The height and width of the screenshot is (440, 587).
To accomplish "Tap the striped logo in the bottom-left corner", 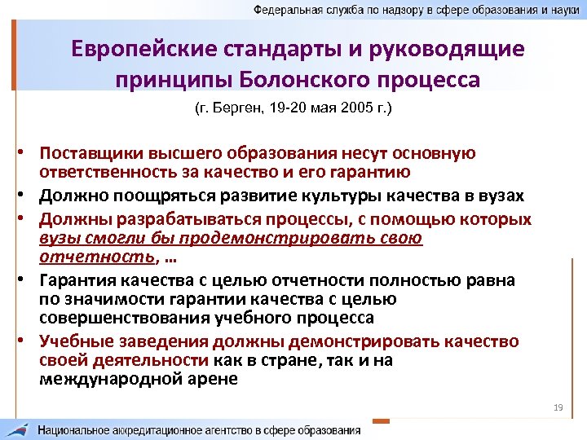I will tap(17, 429).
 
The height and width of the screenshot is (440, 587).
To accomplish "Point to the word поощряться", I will tap(167, 196).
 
